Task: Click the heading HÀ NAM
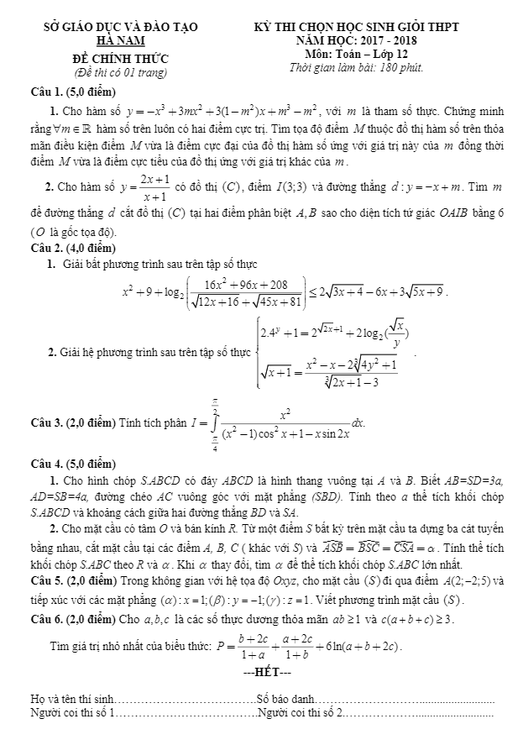(121, 40)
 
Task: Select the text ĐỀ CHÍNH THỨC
(121, 58)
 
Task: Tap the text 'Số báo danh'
(286, 699)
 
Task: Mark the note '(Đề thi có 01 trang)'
(121, 72)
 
